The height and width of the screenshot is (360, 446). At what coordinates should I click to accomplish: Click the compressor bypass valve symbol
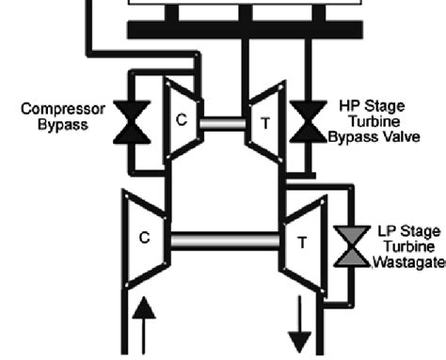tap(132, 124)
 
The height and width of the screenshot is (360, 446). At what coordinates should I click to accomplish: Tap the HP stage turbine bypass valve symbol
tap(307, 124)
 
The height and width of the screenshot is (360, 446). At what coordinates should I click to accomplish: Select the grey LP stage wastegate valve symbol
tap(350, 247)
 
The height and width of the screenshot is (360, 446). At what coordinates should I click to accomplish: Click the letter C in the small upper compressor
tap(183, 120)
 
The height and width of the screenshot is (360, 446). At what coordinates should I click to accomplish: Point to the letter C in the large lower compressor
tap(144, 238)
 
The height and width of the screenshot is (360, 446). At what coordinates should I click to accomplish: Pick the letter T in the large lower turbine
tap(302, 242)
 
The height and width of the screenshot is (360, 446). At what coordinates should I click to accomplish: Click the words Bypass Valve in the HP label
tap(374, 137)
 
